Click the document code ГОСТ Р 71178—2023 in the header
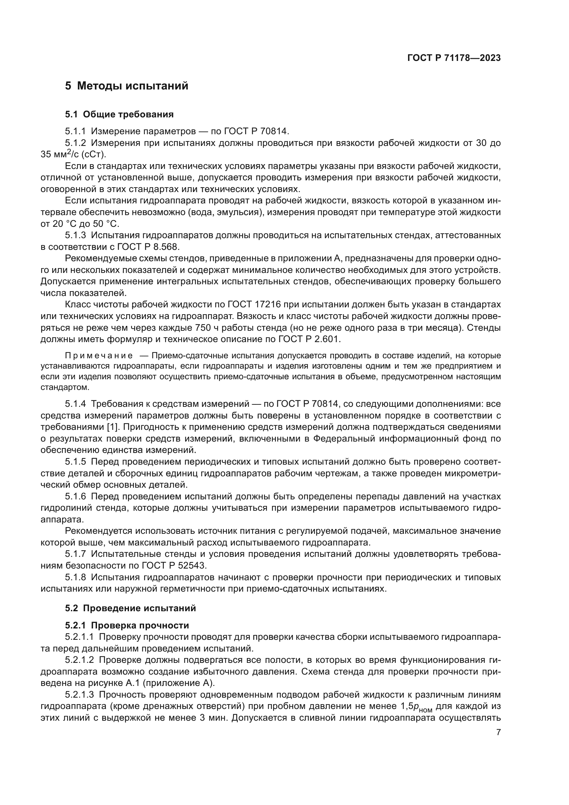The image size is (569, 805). pyautogui.click(x=454, y=58)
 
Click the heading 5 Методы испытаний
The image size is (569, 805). pyautogui.click(x=127, y=86)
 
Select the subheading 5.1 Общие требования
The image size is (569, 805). pyautogui.click(x=119, y=114)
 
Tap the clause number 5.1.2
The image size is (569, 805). pyautogui.click(x=75, y=143)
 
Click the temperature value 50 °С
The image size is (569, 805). pyautogui.click(x=106, y=224)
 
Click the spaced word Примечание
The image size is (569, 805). pyautogui.click(x=99, y=356)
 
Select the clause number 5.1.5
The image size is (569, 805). pyautogui.click(x=75, y=462)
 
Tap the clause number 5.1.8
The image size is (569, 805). pyautogui.click(x=75, y=577)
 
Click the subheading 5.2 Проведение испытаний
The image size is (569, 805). pyautogui.click(x=130, y=608)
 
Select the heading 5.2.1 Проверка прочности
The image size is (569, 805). pyautogui.click(x=127, y=625)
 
